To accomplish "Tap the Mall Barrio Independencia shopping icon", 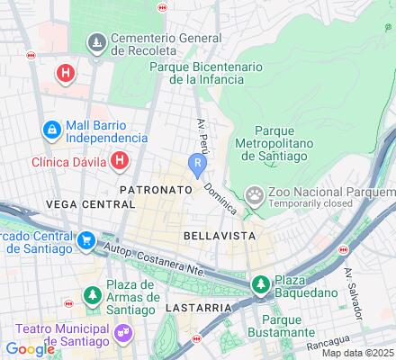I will coord(52,131).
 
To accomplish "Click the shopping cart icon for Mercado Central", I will coord(86,240).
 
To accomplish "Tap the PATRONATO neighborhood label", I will coord(156,191).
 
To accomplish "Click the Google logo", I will coord(30,349).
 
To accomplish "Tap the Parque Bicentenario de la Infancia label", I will coord(205,73).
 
